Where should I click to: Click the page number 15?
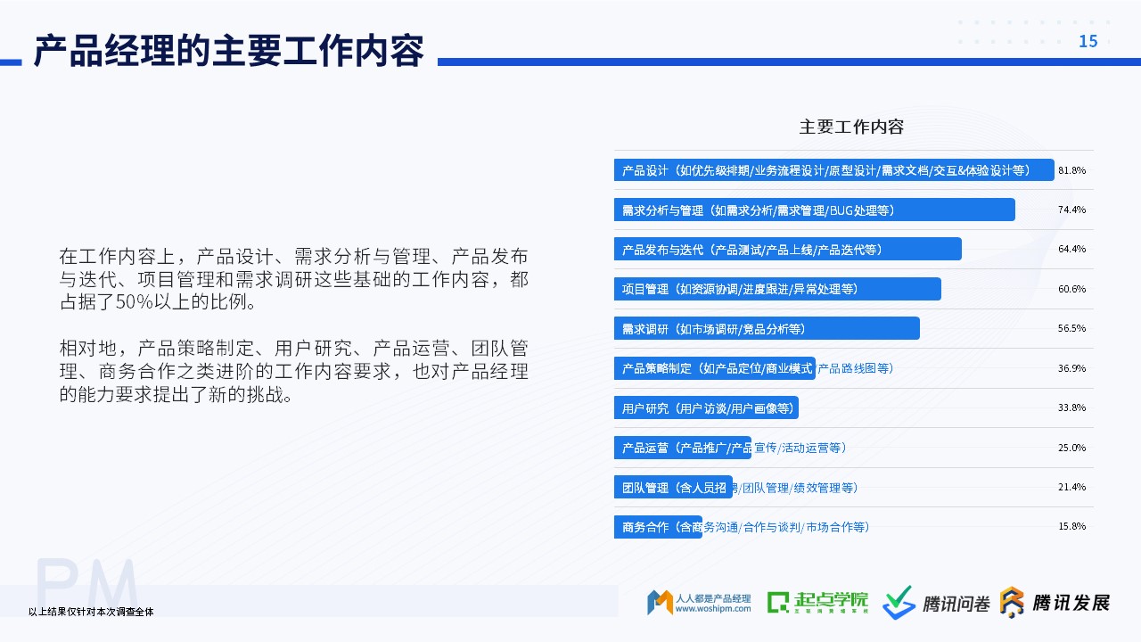click(x=1088, y=41)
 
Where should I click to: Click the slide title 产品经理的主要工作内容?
click(x=229, y=51)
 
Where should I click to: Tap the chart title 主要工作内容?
click(x=851, y=127)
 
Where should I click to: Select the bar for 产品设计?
click(x=833, y=169)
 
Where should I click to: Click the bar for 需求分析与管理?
click(x=815, y=210)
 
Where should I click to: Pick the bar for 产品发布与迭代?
click(x=787, y=249)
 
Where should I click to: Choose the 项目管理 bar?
click(x=777, y=289)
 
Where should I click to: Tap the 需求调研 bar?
click(x=767, y=328)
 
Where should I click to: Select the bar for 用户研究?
click(x=706, y=407)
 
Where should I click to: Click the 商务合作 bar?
click(x=658, y=527)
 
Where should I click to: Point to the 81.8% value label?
click(x=1071, y=170)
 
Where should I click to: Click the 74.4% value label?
click(x=1071, y=210)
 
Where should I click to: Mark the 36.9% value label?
click(x=1071, y=368)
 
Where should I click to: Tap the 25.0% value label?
click(x=1071, y=448)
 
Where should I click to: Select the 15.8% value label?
click(x=1071, y=526)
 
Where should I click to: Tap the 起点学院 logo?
click(x=817, y=602)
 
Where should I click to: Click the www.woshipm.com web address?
click(x=713, y=608)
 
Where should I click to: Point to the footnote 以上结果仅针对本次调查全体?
click(x=91, y=612)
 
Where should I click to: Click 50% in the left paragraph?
click(x=135, y=302)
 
